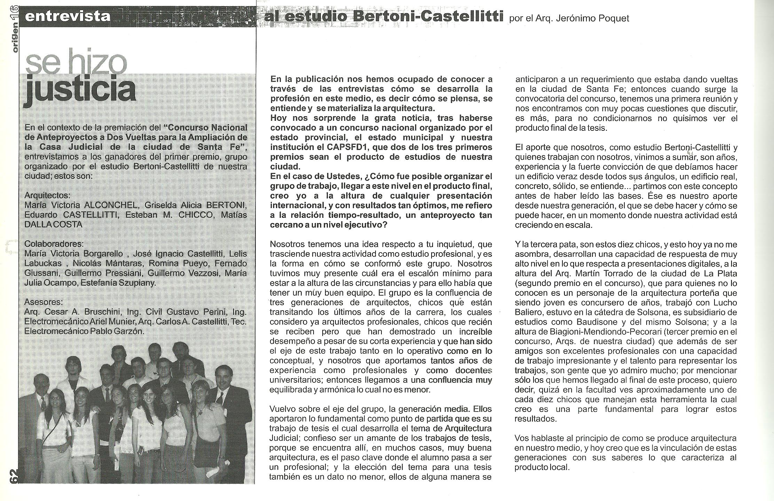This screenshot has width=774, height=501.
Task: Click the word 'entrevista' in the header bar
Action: (x=68, y=16)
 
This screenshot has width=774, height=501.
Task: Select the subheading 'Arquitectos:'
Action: (x=47, y=195)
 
